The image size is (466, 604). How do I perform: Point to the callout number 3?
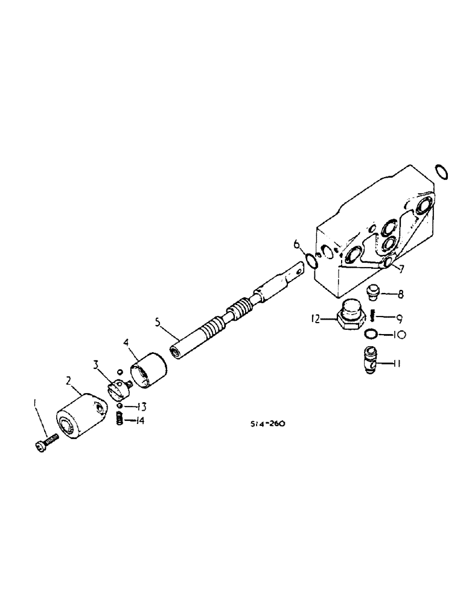click(97, 365)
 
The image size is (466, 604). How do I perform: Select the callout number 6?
click(296, 245)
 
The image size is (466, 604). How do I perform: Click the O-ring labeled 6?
click(312, 262)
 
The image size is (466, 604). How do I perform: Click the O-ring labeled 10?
click(373, 333)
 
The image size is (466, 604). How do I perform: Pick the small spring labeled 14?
click(121, 419)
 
